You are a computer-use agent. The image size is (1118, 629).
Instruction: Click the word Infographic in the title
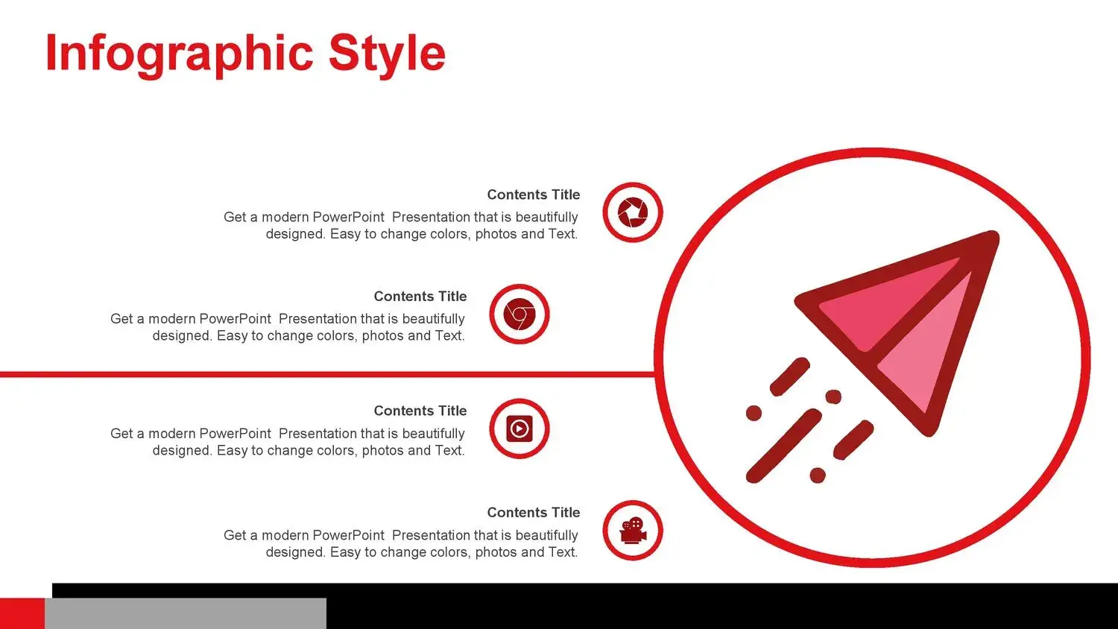click(180, 54)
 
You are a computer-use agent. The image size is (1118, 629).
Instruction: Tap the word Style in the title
click(387, 54)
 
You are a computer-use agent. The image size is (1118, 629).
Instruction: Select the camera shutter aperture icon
click(632, 212)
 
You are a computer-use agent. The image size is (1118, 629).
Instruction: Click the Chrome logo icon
click(519, 314)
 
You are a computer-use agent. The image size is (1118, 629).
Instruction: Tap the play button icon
click(519, 429)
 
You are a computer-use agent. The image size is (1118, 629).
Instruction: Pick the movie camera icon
click(633, 530)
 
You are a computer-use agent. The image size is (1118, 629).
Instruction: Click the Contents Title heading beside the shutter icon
click(534, 195)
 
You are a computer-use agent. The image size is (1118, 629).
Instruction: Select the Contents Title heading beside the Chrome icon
click(420, 297)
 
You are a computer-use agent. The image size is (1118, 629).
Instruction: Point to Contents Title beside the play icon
click(420, 411)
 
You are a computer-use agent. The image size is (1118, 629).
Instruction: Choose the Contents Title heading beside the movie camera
click(534, 513)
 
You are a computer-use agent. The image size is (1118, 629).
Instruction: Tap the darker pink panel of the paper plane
click(886, 305)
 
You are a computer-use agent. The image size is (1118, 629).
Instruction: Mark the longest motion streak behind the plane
click(783, 446)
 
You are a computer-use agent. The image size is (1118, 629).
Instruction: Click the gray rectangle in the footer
click(185, 613)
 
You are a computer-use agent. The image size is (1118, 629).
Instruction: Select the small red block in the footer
click(22, 613)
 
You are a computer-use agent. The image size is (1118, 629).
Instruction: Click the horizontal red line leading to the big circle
click(327, 374)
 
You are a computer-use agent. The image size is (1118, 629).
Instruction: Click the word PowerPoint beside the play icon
click(235, 433)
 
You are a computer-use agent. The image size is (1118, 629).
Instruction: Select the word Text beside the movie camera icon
click(563, 552)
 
